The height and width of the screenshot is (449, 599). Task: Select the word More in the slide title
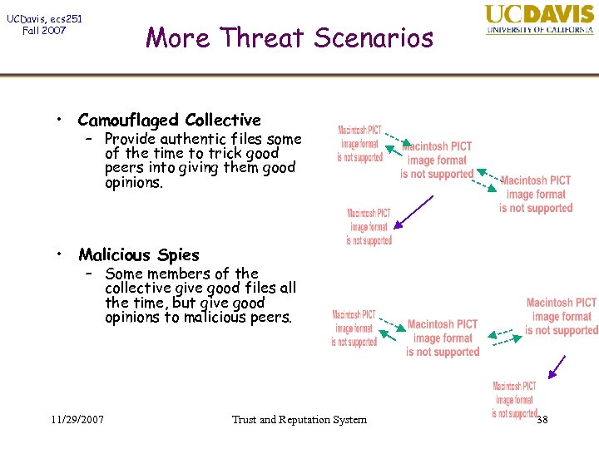tap(171, 37)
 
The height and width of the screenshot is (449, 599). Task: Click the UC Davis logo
tap(539, 18)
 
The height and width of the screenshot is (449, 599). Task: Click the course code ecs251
tap(64, 18)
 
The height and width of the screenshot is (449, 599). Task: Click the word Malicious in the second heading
tap(117, 254)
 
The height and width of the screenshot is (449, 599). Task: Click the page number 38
tap(542, 419)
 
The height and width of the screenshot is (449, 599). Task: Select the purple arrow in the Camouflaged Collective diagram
tap(413, 211)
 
